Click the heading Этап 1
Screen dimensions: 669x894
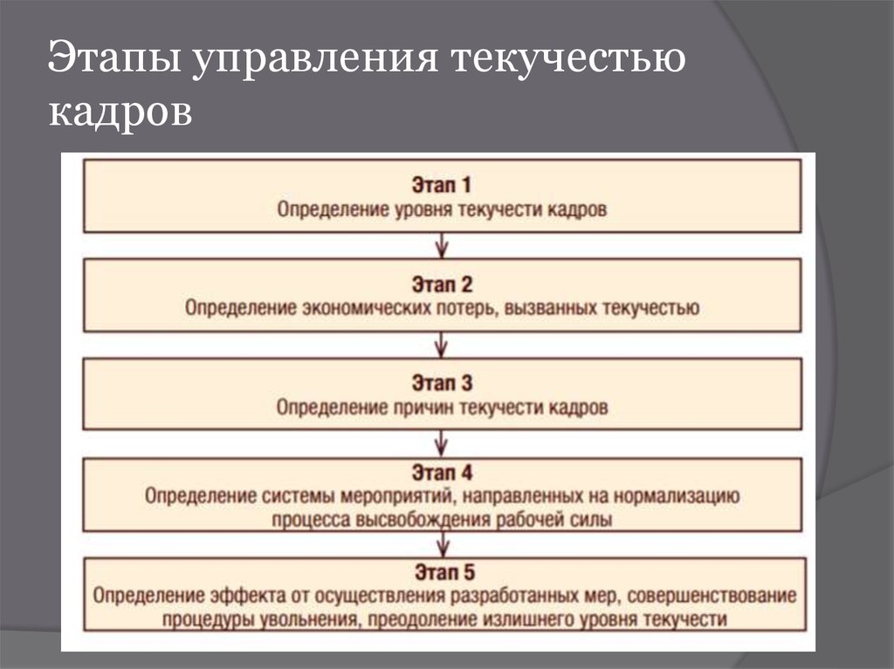click(x=442, y=185)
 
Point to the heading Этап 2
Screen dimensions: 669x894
click(x=442, y=283)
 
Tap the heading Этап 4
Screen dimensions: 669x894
click(x=442, y=474)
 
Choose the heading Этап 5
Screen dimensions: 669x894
click(x=442, y=573)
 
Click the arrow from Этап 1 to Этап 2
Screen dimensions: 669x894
click(x=443, y=245)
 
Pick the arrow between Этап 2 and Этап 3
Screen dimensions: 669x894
click(x=443, y=345)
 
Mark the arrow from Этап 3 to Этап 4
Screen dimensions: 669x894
click(x=443, y=444)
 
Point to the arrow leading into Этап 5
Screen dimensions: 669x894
click(x=443, y=544)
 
